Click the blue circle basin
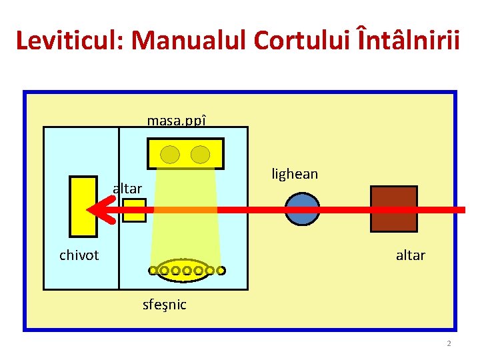(x=302, y=209)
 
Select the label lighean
(x=295, y=174)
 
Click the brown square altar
(x=394, y=209)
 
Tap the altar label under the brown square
(x=410, y=255)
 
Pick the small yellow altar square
(x=135, y=210)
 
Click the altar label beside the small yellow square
(x=127, y=189)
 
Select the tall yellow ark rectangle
(x=83, y=206)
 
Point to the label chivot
(x=79, y=255)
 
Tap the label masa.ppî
(x=177, y=121)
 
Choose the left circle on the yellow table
(x=171, y=155)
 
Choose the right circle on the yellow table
(x=200, y=155)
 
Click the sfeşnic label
(x=165, y=305)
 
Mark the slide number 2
(x=449, y=343)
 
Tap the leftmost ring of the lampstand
(x=153, y=271)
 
